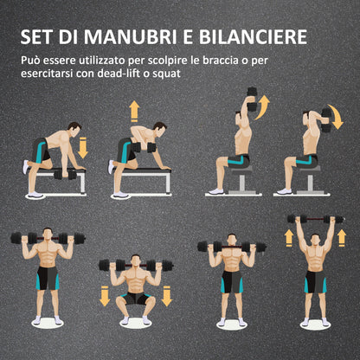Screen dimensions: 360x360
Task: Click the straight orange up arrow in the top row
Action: coord(134,110)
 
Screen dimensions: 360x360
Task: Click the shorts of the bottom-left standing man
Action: coord(48,278)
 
